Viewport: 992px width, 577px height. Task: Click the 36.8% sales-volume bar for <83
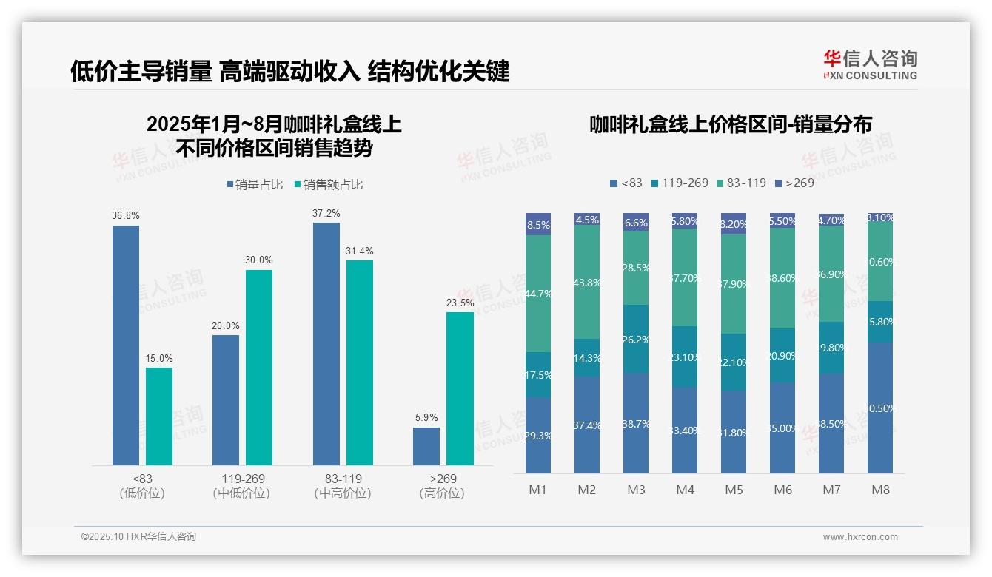pos(126,345)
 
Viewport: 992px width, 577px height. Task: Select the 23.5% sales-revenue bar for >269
pos(460,388)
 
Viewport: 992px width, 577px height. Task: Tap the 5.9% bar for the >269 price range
pos(426,446)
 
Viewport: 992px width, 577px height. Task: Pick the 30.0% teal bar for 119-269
pos(259,367)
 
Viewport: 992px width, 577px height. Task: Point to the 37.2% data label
pos(326,214)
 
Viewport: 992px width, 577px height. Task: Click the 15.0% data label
pos(159,359)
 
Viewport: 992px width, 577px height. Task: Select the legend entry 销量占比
pos(254,185)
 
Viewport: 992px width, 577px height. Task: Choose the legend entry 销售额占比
pos(328,185)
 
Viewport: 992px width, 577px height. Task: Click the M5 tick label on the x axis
pos(734,490)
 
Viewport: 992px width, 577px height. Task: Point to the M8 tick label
pos(880,490)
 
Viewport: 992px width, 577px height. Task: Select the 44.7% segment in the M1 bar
pos(538,294)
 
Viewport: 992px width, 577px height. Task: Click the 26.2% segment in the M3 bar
pos(636,339)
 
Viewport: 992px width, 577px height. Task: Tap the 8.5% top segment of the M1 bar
pos(538,225)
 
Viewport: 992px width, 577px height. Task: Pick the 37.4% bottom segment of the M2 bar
pos(587,425)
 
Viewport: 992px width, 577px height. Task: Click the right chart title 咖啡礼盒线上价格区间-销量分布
pos(730,124)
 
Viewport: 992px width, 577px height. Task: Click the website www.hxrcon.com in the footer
pos(859,537)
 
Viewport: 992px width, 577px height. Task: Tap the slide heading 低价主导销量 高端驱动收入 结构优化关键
pos(289,72)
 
